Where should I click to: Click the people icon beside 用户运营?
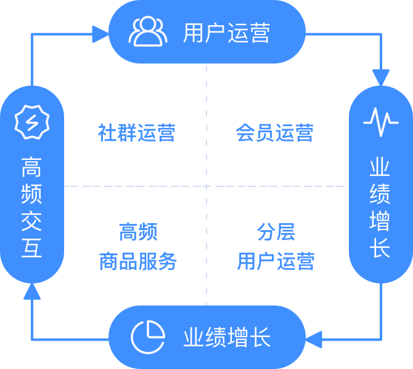(x=147, y=32)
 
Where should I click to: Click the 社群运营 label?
(x=136, y=133)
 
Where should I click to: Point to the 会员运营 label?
(x=275, y=133)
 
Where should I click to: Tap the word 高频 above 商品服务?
(x=137, y=232)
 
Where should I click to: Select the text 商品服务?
(x=137, y=261)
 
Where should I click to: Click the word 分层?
(x=276, y=232)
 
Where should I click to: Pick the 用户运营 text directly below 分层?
(x=276, y=261)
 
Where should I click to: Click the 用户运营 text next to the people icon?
(x=226, y=33)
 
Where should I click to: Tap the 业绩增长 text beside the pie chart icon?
(x=226, y=336)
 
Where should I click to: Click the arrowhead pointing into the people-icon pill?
(x=100, y=34)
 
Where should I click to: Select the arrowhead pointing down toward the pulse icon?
(x=381, y=77)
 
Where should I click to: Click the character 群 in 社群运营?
(x=126, y=133)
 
